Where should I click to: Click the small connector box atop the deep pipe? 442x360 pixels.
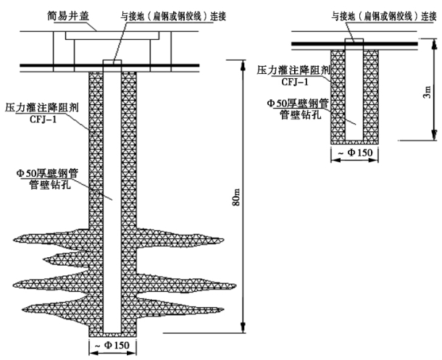(112, 63)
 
